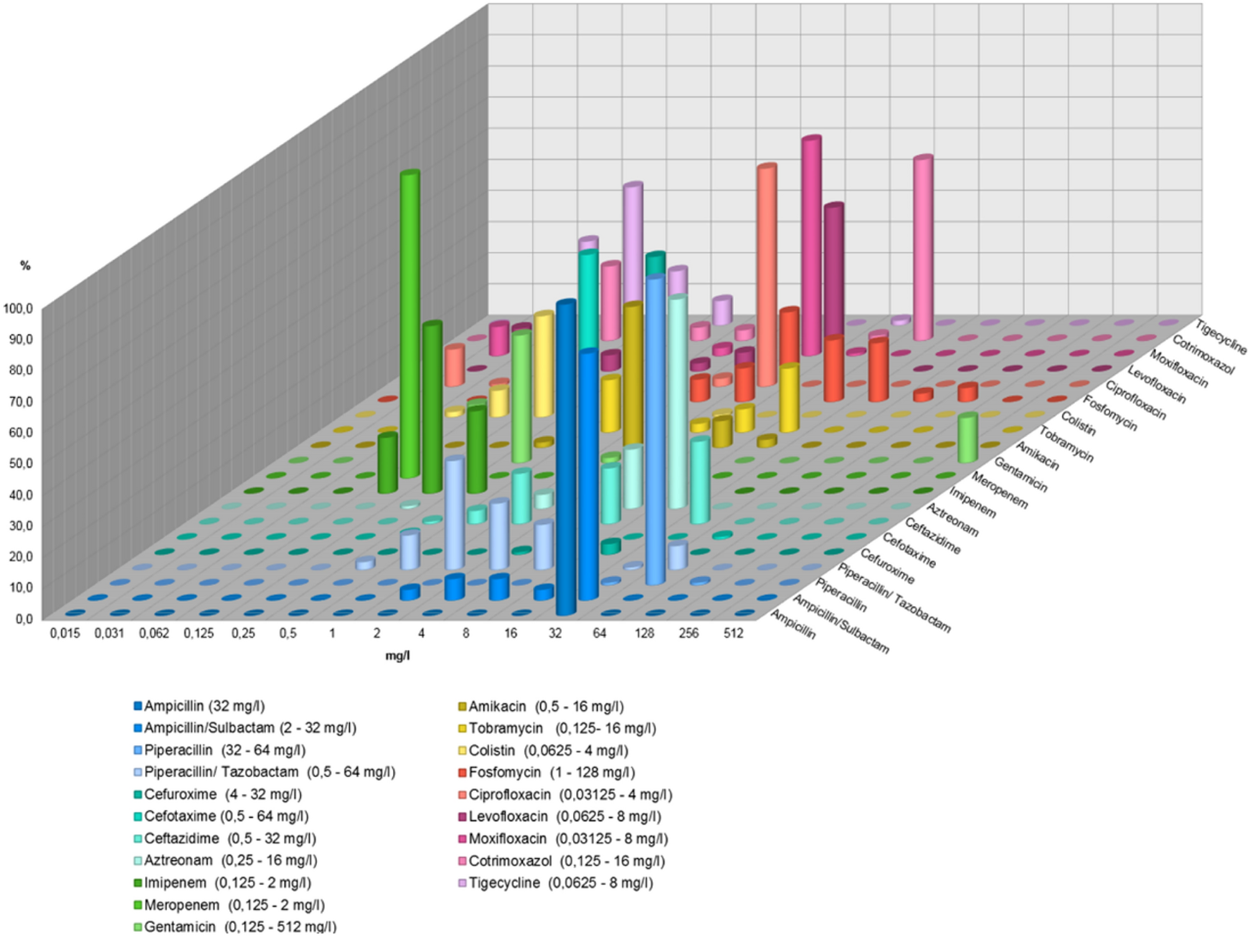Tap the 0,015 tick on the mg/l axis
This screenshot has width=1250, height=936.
click(x=65, y=634)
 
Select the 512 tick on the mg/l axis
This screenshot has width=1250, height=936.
click(x=734, y=634)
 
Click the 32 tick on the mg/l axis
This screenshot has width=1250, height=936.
click(x=555, y=634)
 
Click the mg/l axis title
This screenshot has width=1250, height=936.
click(x=397, y=656)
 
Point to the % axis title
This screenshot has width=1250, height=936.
click(x=25, y=266)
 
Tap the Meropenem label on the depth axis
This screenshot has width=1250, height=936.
click(x=999, y=492)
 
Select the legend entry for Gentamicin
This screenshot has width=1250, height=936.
click(x=240, y=927)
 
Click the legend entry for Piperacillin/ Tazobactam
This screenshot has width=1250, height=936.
click(x=269, y=773)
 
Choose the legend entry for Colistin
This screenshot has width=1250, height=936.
click(x=548, y=751)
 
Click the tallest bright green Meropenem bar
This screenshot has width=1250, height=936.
click(x=409, y=324)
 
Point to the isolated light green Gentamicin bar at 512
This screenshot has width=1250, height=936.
click(x=967, y=438)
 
